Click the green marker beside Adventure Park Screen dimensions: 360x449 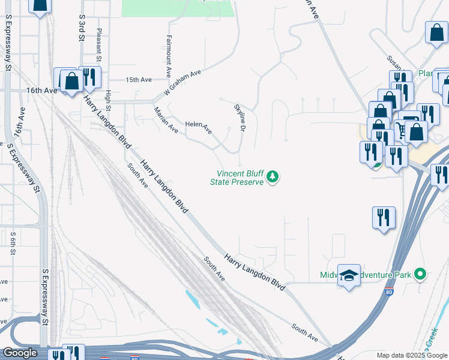(420, 275)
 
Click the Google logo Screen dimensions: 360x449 (20, 353)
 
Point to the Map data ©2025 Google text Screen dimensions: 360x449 (411, 355)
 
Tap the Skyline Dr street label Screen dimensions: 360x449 (240, 118)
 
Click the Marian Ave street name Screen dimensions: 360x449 (166, 120)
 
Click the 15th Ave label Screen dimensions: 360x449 (139, 79)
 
